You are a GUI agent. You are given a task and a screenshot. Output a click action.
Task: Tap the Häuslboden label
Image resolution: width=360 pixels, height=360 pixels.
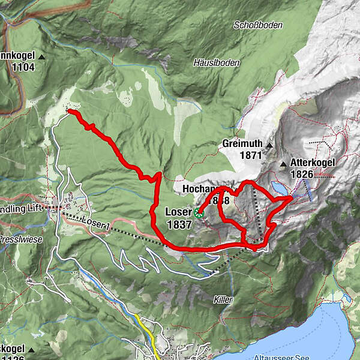coord(217,62)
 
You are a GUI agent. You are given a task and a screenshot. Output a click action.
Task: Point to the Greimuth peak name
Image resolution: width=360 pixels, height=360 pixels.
coord(242,145)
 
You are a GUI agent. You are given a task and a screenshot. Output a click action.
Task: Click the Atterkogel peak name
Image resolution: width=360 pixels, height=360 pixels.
coord(311,163)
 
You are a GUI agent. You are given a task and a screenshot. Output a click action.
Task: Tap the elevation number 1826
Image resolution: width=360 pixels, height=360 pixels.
coord(302,174)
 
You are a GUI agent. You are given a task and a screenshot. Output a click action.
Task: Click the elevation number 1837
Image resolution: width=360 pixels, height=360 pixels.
coord(180,225)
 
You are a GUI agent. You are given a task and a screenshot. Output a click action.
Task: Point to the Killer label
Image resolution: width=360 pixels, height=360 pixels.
coord(224,298)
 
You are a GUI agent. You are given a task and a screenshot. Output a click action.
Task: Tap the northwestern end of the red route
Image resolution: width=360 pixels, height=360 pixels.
coord(69,111)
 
